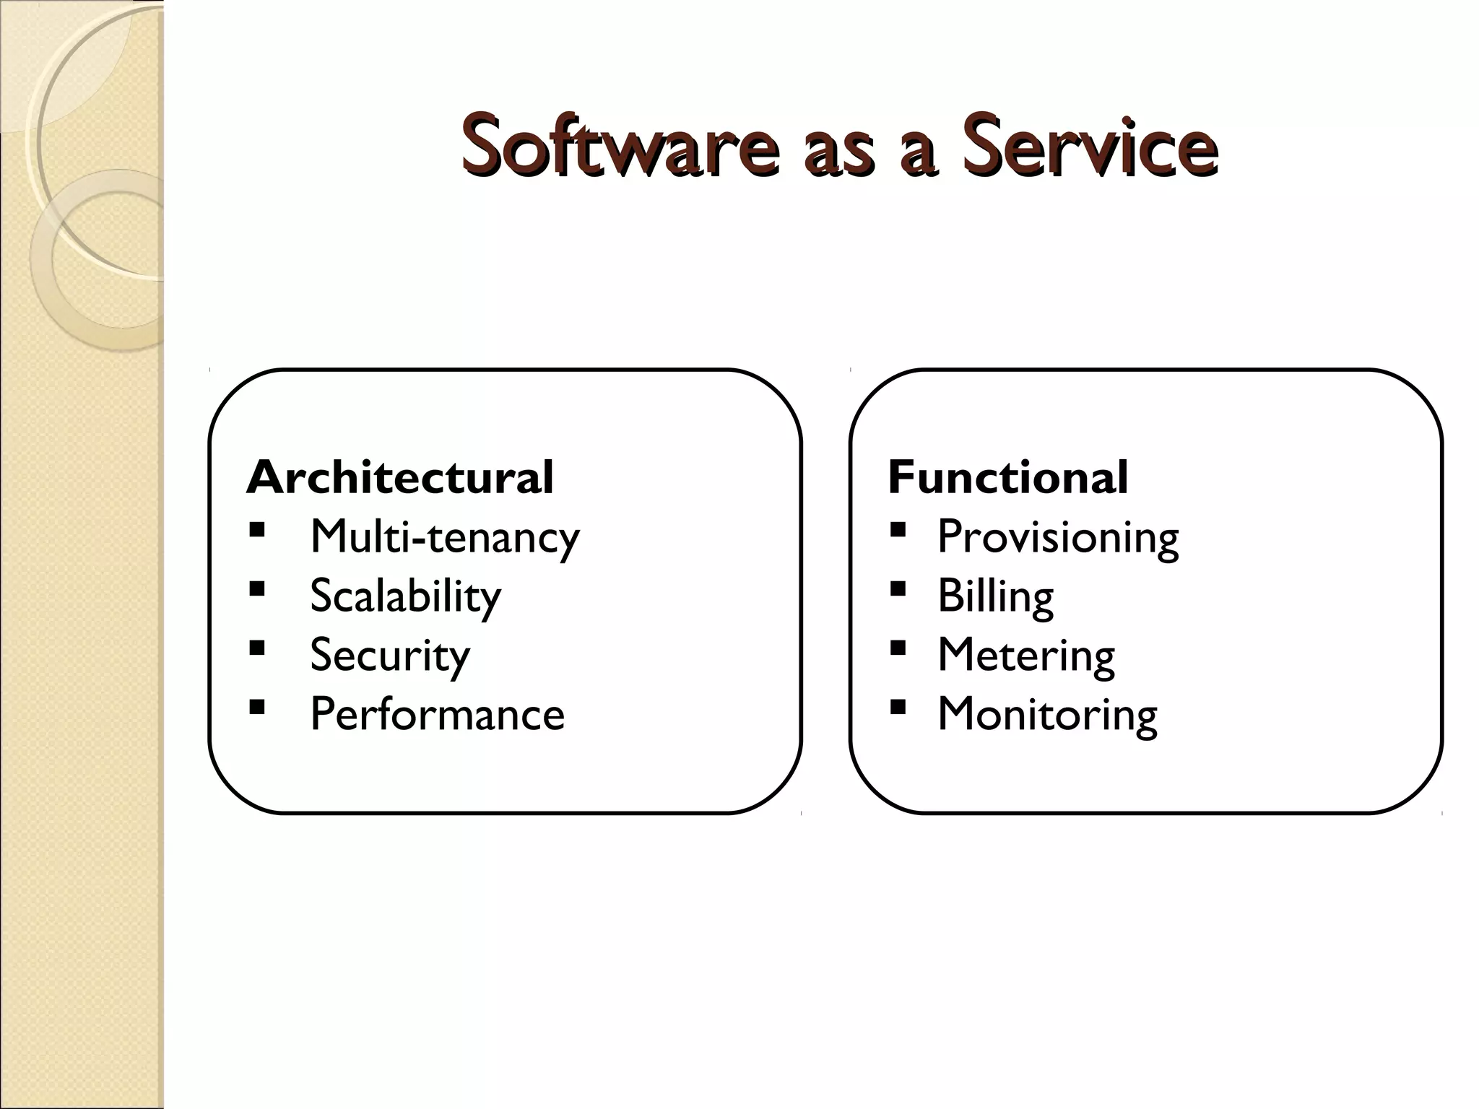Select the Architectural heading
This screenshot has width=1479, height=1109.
pos(399,477)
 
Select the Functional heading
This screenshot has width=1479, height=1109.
pos(1007,477)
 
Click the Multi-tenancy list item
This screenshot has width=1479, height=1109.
pos(444,537)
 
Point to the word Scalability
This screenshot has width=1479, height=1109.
pos(405,596)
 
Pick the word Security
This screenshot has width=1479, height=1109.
pos(390,656)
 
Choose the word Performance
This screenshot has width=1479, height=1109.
pos(437,715)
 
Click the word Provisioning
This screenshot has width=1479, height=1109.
pos(1058,537)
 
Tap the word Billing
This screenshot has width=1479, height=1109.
pos(995,596)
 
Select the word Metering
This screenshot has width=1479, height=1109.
pos(1025,656)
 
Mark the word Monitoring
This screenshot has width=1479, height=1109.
pos(1047,715)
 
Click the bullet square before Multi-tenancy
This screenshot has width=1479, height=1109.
pos(256,531)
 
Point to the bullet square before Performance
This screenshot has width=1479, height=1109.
pos(256,706)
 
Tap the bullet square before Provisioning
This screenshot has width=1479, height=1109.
pos(898,531)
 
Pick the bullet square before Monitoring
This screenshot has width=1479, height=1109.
pos(898,706)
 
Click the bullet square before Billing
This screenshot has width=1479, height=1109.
pos(898,589)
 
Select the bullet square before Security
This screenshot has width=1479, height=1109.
pos(256,648)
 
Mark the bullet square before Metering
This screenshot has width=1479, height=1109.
pos(898,648)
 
